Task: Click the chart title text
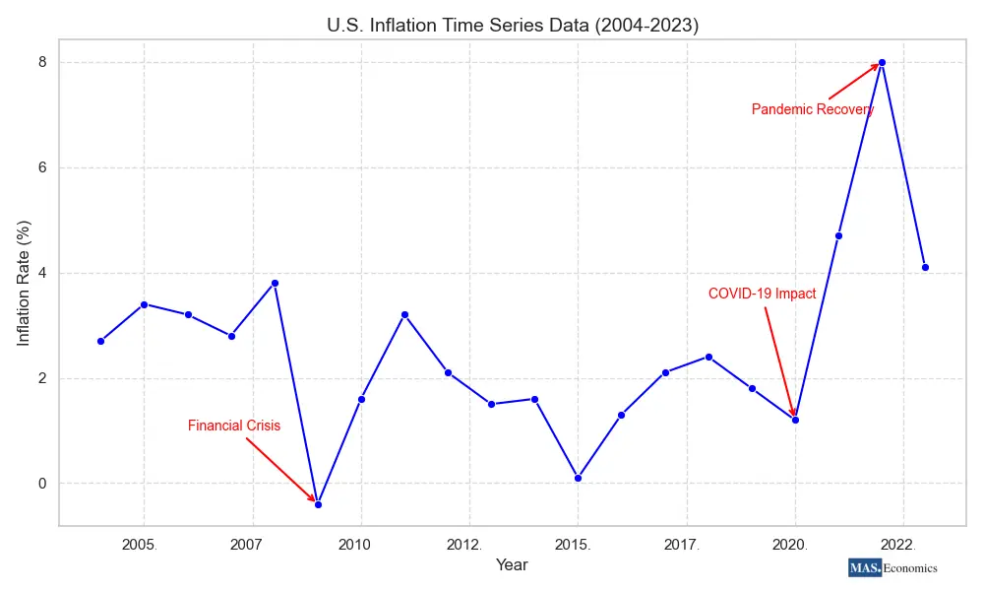click(513, 26)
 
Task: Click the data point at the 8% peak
click(882, 62)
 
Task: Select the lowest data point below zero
click(318, 504)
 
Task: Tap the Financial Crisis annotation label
click(234, 427)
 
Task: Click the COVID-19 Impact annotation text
click(762, 294)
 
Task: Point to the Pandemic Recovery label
click(812, 109)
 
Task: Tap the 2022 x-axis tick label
click(897, 544)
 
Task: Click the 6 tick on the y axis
click(41, 167)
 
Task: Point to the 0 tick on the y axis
click(41, 484)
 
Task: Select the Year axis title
click(512, 565)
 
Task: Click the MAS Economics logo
click(892, 567)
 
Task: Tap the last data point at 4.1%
click(925, 267)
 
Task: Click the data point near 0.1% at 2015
click(578, 478)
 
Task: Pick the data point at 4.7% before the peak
click(838, 235)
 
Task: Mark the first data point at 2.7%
click(100, 341)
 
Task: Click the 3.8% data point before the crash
click(275, 283)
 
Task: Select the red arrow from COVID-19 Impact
click(779, 361)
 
